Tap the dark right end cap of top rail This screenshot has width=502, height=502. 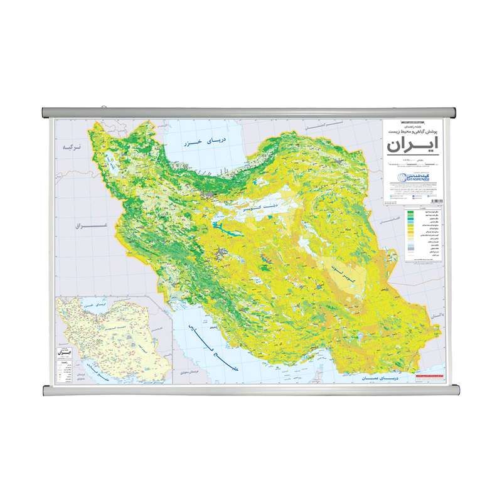[452, 113]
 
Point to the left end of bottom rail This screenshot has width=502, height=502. [46, 391]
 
